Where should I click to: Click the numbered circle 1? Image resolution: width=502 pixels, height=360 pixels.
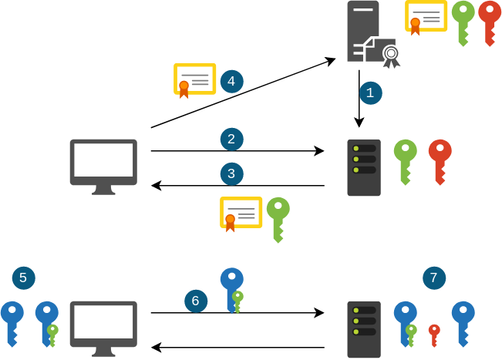[370, 93]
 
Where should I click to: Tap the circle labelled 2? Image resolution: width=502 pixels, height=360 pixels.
[231, 140]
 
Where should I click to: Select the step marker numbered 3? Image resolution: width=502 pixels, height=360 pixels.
[231, 173]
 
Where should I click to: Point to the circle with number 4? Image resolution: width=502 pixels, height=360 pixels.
[231, 81]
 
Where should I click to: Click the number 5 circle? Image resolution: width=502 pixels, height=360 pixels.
[23, 278]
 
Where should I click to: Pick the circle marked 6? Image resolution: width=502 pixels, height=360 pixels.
[196, 301]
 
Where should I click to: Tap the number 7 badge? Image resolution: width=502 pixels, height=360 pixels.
[433, 278]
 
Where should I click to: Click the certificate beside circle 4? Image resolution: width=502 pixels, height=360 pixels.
[194, 79]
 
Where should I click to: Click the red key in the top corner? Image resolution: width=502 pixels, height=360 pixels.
[489, 21]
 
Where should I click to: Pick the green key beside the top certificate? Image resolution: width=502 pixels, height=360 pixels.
[463, 21]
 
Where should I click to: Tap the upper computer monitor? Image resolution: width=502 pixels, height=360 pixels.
[103, 165]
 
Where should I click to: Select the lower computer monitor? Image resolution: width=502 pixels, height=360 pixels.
[103, 327]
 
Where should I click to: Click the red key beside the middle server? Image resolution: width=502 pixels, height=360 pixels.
[440, 160]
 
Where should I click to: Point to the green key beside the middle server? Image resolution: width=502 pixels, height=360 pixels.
[405, 160]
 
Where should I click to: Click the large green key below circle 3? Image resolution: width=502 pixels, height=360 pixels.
[278, 217]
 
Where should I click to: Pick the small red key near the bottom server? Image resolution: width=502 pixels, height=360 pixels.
[434, 333]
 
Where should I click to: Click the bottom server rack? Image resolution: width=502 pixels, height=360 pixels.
[364, 329]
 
